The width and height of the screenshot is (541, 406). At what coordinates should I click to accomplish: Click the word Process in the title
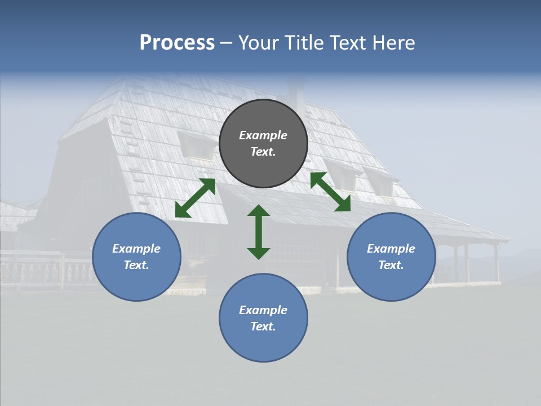(177, 43)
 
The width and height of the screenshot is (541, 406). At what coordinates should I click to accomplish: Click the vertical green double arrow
(259, 232)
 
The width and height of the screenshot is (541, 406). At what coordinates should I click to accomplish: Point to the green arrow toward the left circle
(195, 198)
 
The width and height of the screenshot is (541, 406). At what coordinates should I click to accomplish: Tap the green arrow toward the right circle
(330, 192)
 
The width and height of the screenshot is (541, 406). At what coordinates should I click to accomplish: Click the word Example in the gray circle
(263, 135)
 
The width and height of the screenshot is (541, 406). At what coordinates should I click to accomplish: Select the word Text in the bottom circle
(263, 326)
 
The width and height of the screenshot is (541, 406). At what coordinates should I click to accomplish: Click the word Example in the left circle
(136, 249)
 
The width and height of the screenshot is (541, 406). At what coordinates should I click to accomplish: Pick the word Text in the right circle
(391, 265)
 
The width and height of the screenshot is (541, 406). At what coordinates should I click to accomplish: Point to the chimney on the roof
(296, 96)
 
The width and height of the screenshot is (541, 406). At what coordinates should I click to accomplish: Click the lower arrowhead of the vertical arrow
(259, 253)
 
